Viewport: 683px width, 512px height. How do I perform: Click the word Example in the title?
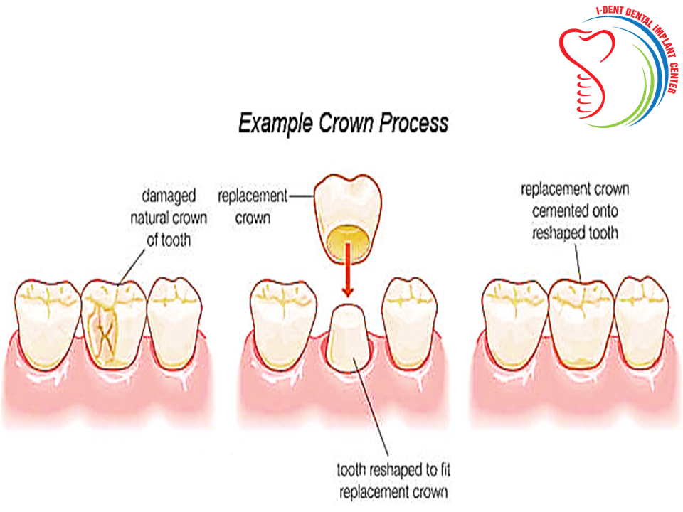[x=275, y=124]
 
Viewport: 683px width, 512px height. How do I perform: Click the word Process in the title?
[x=413, y=123]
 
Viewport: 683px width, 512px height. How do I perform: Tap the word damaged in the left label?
[x=169, y=196]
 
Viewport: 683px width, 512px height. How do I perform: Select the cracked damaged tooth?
[x=114, y=324]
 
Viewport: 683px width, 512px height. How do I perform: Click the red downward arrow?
[x=347, y=270]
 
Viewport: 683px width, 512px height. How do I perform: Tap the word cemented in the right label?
[x=556, y=211]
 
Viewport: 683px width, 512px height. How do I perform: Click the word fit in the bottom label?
[x=445, y=470]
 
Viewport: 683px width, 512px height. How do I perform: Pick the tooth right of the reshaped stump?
[x=410, y=323]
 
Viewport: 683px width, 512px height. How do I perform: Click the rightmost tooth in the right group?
[x=641, y=323]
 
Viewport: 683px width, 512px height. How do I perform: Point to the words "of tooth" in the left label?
[x=169, y=240]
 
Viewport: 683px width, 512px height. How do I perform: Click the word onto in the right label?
[x=605, y=211]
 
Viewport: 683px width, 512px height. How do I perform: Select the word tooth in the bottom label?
[x=351, y=470]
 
